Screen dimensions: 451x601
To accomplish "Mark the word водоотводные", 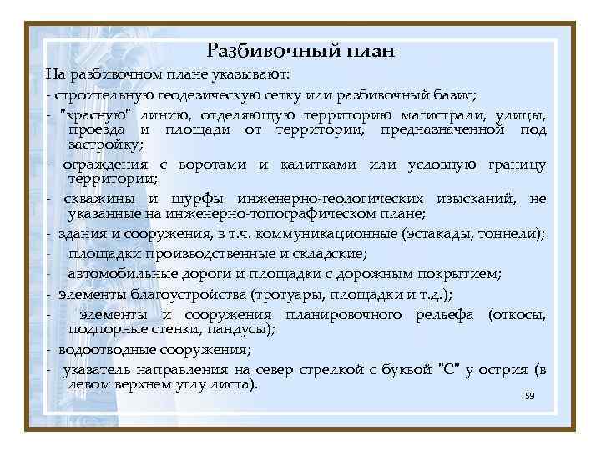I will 109,350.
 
